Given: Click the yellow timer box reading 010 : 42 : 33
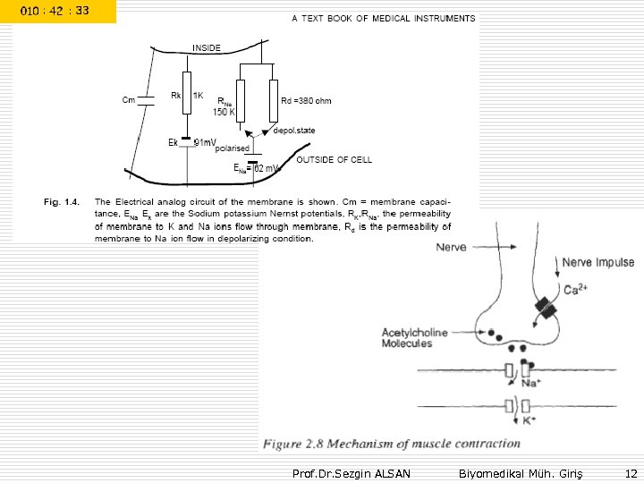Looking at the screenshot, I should pos(57,11).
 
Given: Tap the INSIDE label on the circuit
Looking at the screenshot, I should pos(207,47).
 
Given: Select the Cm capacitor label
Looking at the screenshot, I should pos(129,99).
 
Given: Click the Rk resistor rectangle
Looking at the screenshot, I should pos(187,93).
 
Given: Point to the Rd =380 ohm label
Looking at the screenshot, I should pos(306,100).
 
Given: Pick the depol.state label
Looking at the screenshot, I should pos(294,131).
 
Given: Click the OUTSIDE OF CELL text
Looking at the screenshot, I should pos(335,159).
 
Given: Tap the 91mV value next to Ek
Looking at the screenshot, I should pos(205,141).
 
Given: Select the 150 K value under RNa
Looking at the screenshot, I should pos(223,113).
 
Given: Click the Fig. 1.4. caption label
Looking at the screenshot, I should pos(62,201).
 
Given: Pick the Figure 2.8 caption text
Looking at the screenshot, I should pos(391,444).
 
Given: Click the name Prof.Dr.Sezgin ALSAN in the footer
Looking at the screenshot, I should pos(352,472).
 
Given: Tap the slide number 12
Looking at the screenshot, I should pos(631,472).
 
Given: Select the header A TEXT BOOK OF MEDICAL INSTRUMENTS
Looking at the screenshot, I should pos(384,18).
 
